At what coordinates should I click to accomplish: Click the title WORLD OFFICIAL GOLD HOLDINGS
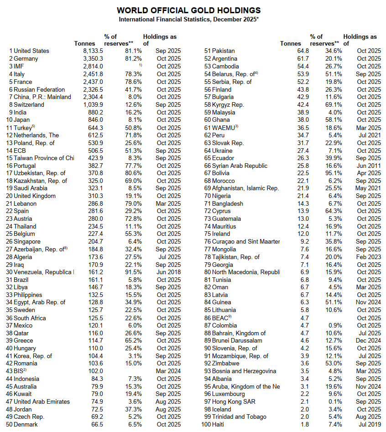[x=188, y=10]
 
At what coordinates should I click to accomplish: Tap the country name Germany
[x=26, y=59]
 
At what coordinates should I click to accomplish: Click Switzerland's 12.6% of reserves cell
[x=133, y=104]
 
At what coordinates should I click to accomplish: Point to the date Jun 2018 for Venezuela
[x=168, y=272]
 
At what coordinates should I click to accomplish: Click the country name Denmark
[x=26, y=424]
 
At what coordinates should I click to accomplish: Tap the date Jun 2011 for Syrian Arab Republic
[x=369, y=166]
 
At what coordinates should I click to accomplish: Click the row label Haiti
[x=219, y=424]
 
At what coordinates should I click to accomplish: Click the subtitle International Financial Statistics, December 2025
[x=188, y=19]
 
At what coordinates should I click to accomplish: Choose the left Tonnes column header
[x=85, y=43]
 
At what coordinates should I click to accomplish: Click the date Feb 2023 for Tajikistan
[x=369, y=257]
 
